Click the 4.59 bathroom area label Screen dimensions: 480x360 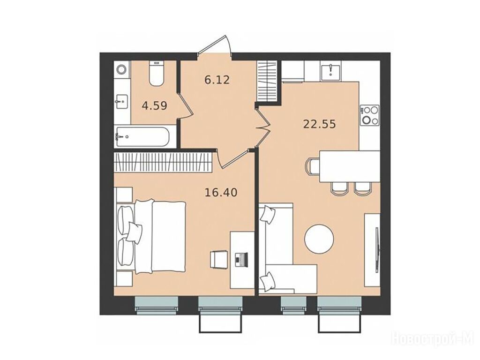click(x=155, y=106)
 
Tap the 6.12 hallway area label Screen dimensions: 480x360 click(x=217, y=80)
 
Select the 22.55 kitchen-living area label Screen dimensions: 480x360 click(x=320, y=124)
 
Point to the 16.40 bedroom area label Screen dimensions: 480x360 click(x=221, y=193)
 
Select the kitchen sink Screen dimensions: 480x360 click(x=331, y=71)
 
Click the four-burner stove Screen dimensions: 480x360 click(x=370, y=115)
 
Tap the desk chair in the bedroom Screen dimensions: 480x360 click(x=219, y=260)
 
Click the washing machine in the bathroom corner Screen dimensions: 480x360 click(x=121, y=69)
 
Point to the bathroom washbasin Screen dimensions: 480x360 click(x=121, y=101)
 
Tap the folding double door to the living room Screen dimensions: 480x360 click(x=262, y=128)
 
